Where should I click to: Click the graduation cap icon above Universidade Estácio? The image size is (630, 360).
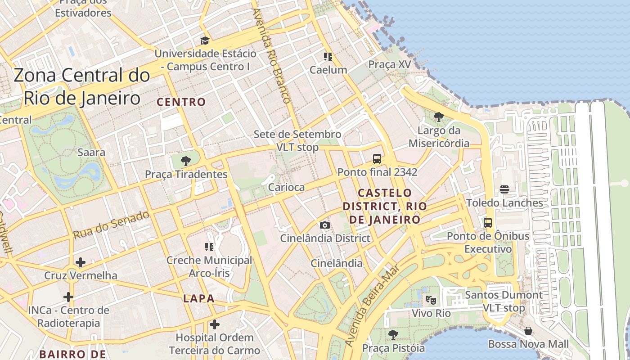click(205, 41)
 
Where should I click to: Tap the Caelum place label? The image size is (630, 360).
click(328, 70)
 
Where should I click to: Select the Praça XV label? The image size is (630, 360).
click(390, 64)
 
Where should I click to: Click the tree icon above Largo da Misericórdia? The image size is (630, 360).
click(438, 117)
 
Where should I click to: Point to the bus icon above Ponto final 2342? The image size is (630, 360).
click(377, 159)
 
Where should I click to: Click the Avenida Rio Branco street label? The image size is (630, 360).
click(272, 56)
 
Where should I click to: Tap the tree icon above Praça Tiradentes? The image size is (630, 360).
click(185, 161)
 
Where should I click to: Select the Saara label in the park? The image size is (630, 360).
click(91, 152)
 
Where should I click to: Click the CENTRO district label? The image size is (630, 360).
click(181, 102)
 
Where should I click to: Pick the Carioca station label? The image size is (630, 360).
click(286, 187)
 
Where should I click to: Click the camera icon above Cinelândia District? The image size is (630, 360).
click(325, 225)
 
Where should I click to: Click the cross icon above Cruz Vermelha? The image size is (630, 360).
click(81, 262)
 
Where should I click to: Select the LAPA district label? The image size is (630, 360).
click(198, 298)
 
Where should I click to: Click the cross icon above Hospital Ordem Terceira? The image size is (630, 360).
click(215, 324)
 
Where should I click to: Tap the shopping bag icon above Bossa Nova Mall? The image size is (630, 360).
click(528, 331)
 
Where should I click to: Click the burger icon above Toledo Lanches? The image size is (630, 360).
click(504, 189)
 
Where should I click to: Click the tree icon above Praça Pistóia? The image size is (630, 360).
click(393, 334)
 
